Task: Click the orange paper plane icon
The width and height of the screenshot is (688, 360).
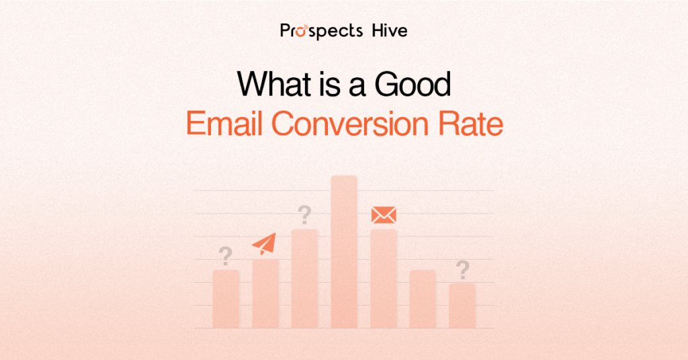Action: (x=264, y=244)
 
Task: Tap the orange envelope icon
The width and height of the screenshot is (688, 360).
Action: (x=384, y=215)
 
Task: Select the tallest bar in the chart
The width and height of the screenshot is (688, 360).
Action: (x=344, y=252)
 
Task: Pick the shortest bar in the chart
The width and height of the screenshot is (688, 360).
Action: (x=462, y=306)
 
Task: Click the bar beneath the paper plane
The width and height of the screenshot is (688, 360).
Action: (x=265, y=294)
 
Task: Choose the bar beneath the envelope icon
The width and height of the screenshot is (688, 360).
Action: (x=384, y=279)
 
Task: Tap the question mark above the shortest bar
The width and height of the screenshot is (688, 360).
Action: (x=462, y=270)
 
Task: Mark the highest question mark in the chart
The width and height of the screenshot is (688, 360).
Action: (x=304, y=216)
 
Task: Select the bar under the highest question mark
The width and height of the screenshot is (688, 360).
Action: (x=304, y=279)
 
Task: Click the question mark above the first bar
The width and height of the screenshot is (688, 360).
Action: (x=226, y=256)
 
